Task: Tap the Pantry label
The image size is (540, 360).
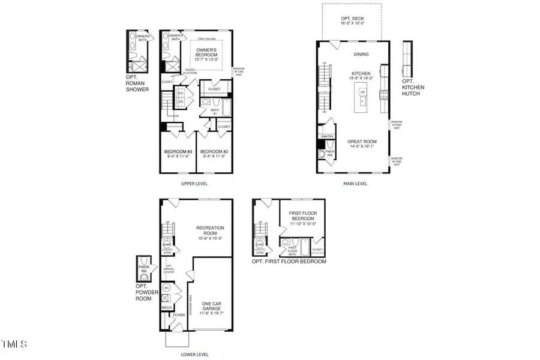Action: (x=328, y=137)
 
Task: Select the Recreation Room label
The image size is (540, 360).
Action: (x=210, y=231)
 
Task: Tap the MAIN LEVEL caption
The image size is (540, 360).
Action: (x=355, y=184)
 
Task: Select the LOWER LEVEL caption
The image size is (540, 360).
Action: (x=195, y=355)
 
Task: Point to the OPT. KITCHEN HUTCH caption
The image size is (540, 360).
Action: (x=413, y=88)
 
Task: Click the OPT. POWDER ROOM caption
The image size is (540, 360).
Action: (x=144, y=293)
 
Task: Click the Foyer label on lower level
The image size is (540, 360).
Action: (x=179, y=314)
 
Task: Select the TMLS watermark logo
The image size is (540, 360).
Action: (x=14, y=344)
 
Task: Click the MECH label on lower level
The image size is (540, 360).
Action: (x=166, y=307)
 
